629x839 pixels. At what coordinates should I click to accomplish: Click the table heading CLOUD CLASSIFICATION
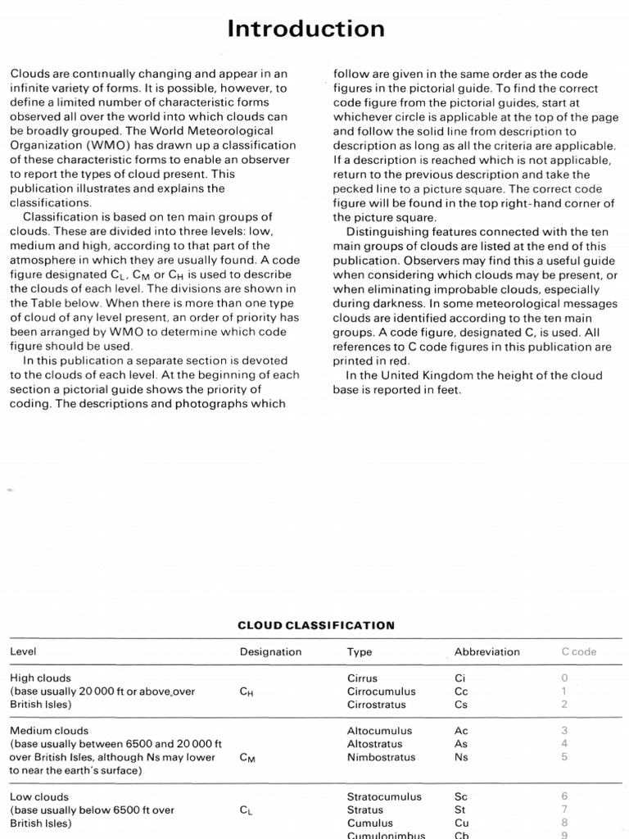point(315,625)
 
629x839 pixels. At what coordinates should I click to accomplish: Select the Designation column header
point(270,652)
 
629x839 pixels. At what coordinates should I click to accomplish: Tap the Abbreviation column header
point(486,652)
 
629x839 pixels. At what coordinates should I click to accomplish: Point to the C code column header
point(578,652)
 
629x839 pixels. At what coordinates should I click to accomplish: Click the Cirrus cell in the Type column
point(364,678)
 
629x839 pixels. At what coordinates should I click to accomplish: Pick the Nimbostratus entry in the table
point(379,757)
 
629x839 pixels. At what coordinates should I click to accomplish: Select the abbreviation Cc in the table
point(461,692)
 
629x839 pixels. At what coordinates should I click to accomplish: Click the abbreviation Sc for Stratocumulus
point(461,796)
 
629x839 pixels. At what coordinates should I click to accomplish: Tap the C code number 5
point(563,757)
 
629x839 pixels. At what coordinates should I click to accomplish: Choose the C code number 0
point(563,678)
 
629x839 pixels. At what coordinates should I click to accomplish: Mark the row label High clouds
point(40,678)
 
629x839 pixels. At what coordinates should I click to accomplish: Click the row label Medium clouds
point(48,731)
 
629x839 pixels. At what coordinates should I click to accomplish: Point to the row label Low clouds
point(39,796)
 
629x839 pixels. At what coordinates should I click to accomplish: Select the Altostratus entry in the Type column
point(374,744)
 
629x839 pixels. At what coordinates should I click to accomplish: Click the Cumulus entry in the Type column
point(369,823)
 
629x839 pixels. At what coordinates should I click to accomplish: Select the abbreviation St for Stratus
point(460,810)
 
